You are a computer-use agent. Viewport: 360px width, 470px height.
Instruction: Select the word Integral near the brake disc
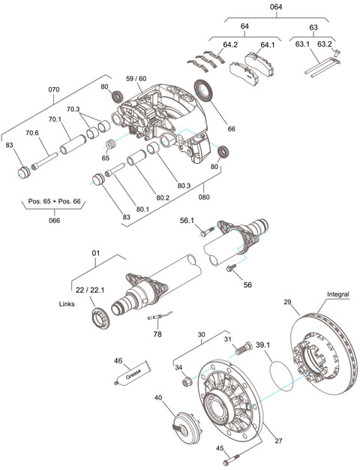point(339,294)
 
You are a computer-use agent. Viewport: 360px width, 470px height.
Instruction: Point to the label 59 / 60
point(136,78)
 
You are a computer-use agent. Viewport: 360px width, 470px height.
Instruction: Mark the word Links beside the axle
point(68,305)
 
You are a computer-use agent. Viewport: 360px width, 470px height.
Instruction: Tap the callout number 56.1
point(187,221)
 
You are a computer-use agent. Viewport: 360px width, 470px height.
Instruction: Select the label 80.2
point(163,198)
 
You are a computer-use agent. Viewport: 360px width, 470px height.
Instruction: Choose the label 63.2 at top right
point(324,44)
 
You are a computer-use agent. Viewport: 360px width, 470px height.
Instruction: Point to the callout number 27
point(279,442)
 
